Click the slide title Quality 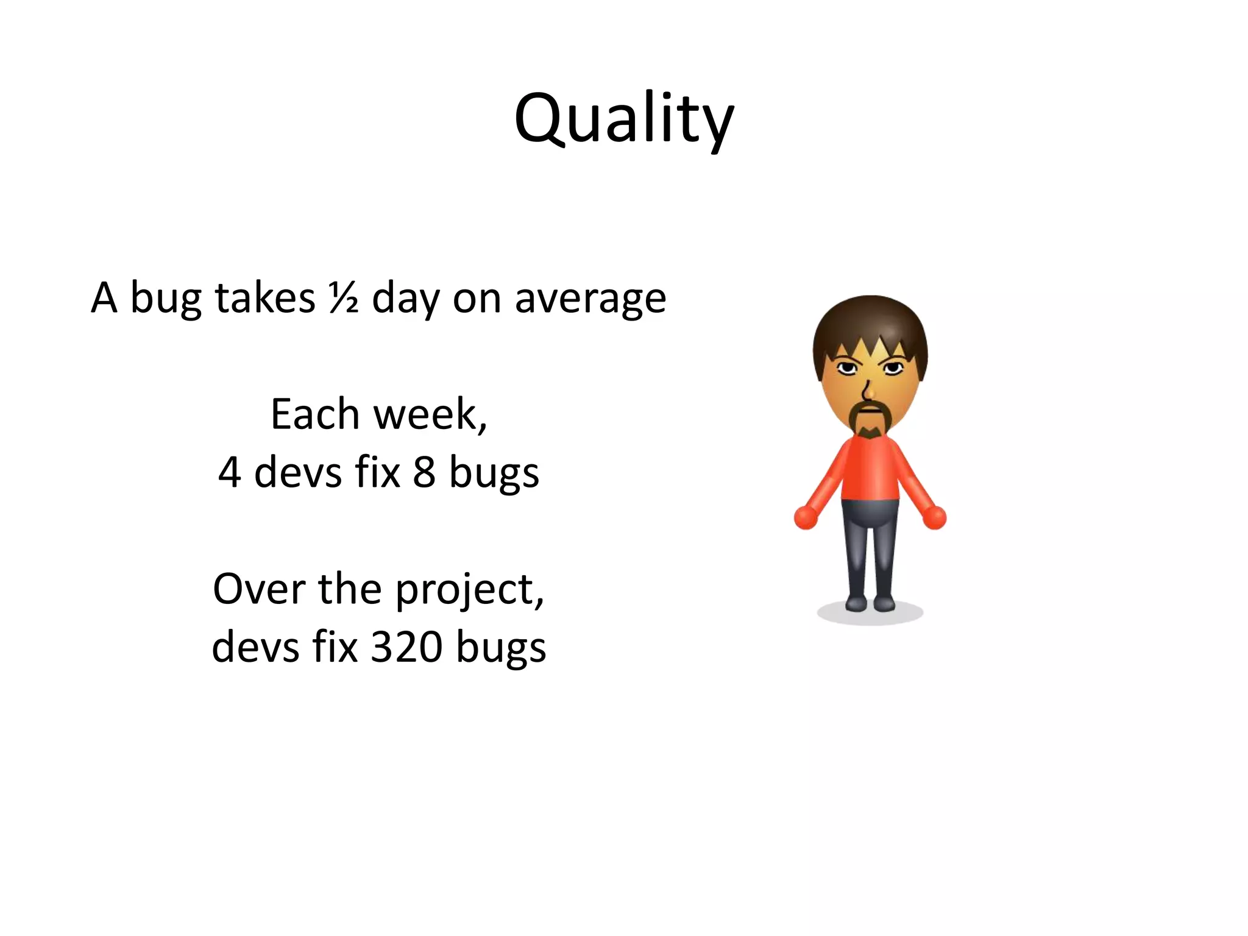click(623, 119)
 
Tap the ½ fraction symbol click(343, 298)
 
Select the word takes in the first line click(264, 298)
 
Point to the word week click(428, 414)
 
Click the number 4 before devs click(229, 472)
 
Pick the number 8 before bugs click(424, 472)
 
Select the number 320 click(406, 647)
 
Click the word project click(469, 590)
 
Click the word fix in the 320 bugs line click(335, 647)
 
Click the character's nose click(869, 390)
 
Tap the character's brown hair click(870, 323)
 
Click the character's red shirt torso click(870, 469)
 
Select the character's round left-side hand click(806, 517)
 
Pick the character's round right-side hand click(934, 517)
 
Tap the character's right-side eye click(893, 367)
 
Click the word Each click(315, 414)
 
